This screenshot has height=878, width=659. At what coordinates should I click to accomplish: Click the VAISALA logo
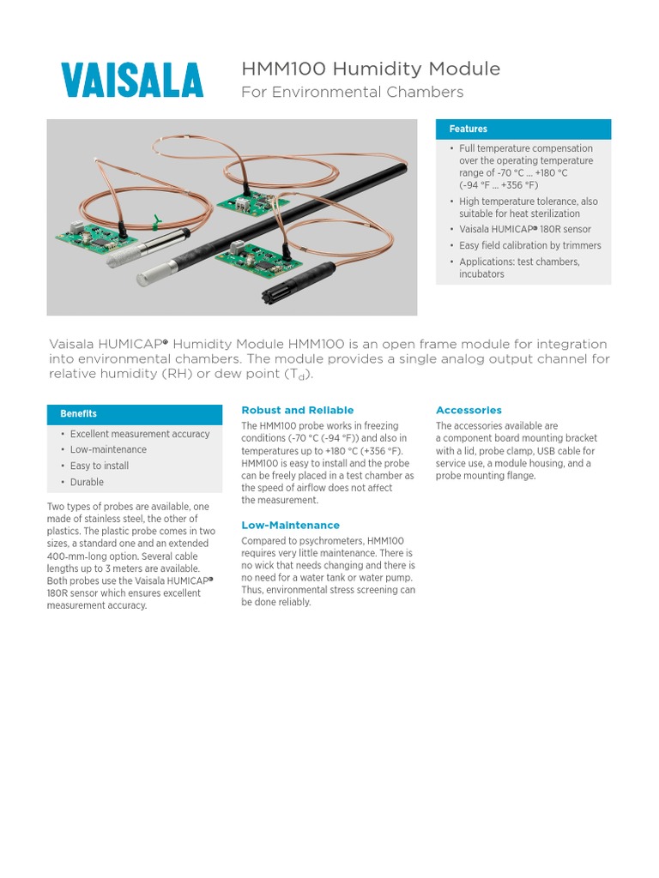tap(132, 81)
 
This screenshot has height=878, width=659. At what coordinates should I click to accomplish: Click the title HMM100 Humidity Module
tap(370, 69)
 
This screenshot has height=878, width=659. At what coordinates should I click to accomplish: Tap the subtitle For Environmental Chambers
tap(352, 92)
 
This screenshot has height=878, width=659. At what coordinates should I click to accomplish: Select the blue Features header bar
tap(523, 129)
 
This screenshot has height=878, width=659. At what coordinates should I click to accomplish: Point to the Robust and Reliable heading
tap(297, 411)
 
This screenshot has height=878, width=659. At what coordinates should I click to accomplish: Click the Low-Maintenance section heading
tap(290, 525)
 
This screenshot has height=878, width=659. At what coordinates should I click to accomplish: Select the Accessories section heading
tap(469, 411)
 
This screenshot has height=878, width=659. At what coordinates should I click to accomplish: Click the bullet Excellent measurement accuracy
tap(139, 434)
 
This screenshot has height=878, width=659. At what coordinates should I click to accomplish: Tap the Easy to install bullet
tap(99, 466)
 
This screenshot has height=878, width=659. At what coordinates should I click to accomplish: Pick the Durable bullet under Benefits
tap(87, 482)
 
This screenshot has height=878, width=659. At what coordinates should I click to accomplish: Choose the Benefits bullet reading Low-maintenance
tap(108, 449)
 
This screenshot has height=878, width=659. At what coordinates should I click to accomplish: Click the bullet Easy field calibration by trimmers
tap(529, 245)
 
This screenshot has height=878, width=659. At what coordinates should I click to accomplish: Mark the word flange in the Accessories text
tap(522, 476)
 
